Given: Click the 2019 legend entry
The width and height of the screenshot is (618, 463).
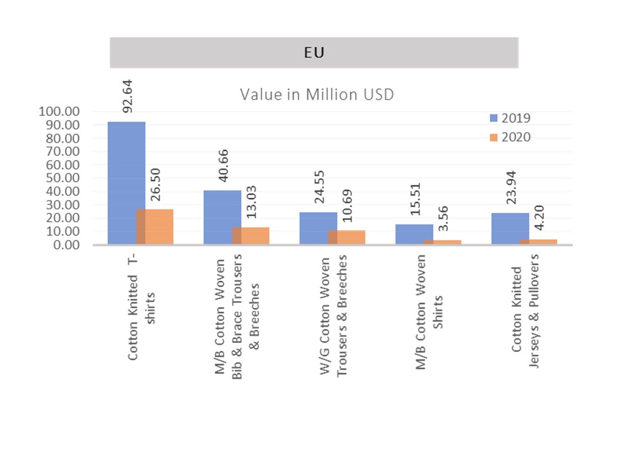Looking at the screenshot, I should click(x=510, y=118).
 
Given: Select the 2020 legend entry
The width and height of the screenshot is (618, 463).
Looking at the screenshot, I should click(x=510, y=136).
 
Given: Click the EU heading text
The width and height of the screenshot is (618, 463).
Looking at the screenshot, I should click(x=314, y=53).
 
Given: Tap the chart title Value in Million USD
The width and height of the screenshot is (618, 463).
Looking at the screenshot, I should click(x=317, y=95).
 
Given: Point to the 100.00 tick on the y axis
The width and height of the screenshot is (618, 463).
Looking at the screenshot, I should click(x=59, y=111).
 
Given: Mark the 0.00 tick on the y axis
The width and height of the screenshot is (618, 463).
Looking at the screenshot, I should click(x=65, y=245).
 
